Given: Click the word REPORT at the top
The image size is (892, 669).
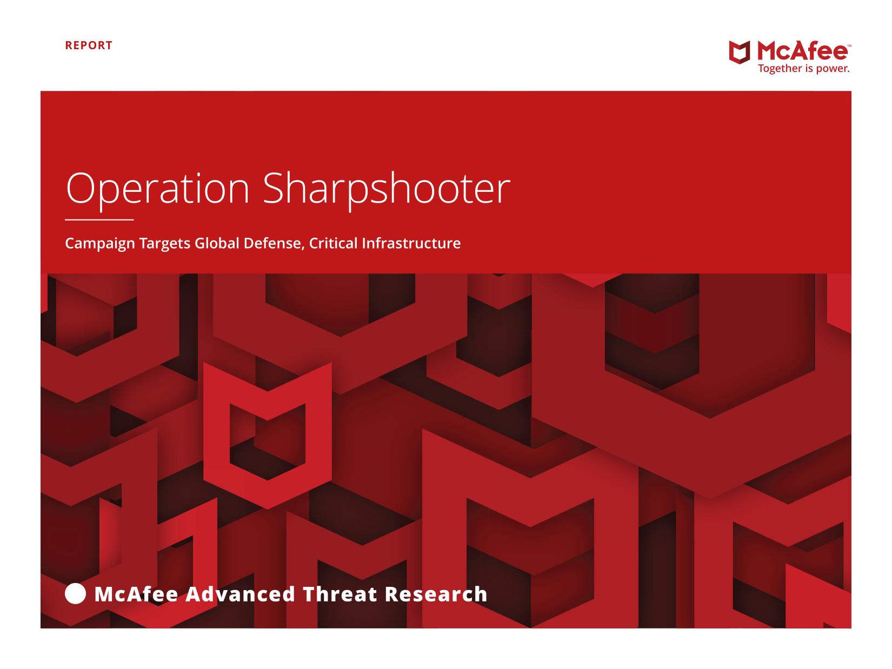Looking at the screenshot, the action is [89, 45].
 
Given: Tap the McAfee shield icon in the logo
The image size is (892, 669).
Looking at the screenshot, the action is [740, 52].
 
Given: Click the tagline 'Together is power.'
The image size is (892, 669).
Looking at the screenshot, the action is [804, 69].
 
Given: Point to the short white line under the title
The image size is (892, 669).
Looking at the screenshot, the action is [99, 220].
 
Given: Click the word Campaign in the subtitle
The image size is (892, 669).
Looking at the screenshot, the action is [100, 244].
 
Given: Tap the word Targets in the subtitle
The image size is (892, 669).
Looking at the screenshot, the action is [164, 244].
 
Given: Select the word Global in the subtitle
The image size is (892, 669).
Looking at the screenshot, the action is [217, 243].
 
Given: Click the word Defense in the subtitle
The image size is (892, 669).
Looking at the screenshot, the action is [274, 244].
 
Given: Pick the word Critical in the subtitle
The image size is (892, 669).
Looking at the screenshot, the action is [333, 243].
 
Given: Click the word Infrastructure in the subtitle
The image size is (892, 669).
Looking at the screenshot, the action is [411, 243].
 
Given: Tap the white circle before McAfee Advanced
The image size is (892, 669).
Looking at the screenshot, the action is [75, 594].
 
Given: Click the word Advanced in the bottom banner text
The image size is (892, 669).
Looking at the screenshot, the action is [240, 594].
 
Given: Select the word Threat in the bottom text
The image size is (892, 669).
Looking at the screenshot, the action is [340, 594].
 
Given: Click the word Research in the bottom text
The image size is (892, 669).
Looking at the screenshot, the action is [436, 594].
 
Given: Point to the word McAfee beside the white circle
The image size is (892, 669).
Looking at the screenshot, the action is [136, 594].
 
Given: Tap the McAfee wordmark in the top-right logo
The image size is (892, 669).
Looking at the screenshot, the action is [802, 52].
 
